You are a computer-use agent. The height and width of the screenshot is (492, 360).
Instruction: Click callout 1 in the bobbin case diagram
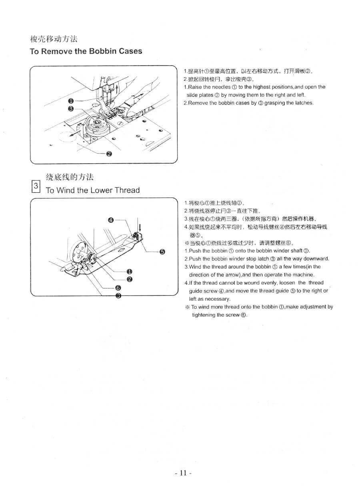pos(70,101)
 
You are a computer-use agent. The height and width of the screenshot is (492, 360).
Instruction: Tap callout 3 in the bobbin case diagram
pos(70,109)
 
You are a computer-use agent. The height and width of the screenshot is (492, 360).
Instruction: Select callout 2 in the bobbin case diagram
pos(109,154)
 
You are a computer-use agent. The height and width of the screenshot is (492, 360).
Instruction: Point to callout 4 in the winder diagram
pos(111,220)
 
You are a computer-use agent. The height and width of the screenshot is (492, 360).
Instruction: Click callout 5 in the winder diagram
pos(162,252)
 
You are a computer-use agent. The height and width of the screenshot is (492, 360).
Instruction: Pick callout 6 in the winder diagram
pos(118,288)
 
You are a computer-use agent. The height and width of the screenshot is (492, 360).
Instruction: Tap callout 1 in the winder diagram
pos(129,272)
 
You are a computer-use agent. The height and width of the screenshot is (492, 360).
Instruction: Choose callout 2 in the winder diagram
pos(129,279)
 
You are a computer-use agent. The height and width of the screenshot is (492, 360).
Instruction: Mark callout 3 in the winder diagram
pos(118,296)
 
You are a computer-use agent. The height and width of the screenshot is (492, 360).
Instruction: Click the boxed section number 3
pos(36,186)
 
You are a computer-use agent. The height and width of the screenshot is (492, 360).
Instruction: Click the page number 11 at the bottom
pos(183,473)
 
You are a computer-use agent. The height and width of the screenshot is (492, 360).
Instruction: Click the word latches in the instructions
pos(305,103)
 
